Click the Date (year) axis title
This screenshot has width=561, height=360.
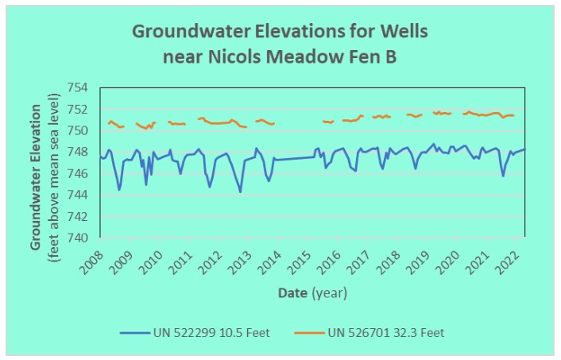pos(312,293)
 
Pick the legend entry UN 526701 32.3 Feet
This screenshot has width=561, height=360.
pos(385,332)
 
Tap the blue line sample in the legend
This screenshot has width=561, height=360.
pos(136,332)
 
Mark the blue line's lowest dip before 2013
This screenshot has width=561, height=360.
pos(240,192)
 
